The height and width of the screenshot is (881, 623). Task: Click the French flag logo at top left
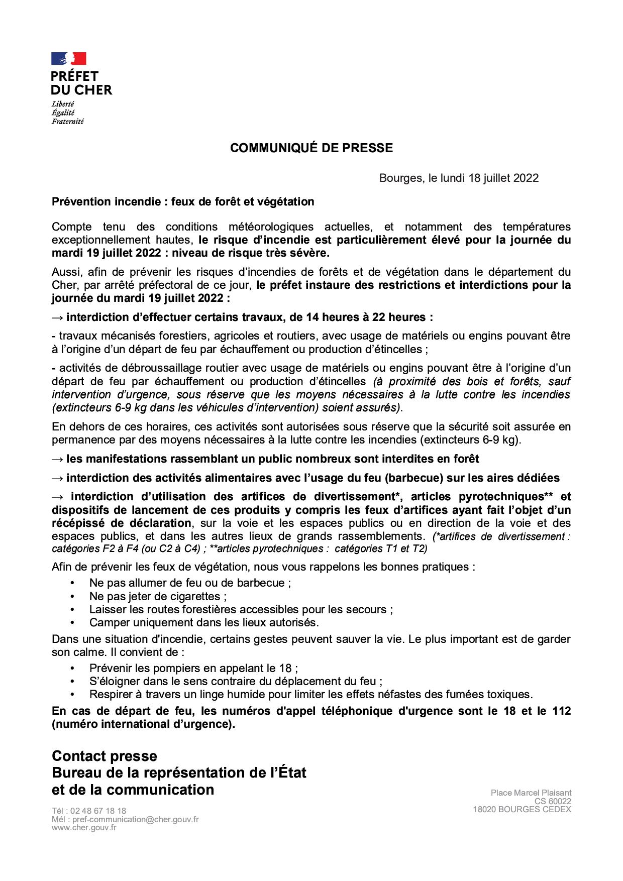pyautogui.click(x=69, y=58)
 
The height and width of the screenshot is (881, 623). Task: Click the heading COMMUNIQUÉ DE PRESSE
pyautogui.click(x=311, y=148)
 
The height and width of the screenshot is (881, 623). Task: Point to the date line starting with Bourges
pyautogui.click(x=459, y=178)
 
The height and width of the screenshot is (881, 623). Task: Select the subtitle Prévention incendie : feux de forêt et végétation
pyautogui.click(x=183, y=202)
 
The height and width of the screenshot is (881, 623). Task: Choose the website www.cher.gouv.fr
pyautogui.click(x=84, y=827)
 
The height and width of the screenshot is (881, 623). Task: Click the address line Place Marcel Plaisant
pyautogui.click(x=531, y=793)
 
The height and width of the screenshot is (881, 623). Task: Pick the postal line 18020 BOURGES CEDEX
pyautogui.click(x=522, y=810)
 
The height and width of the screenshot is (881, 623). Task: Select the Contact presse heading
pyautogui.click(x=105, y=756)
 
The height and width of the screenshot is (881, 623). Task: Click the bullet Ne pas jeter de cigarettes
pyautogui.click(x=158, y=597)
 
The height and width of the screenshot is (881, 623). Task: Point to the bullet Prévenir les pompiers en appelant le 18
pyautogui.click(x=193, y=669)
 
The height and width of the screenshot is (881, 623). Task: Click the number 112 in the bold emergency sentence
pyautogui.click(x=562, y=712)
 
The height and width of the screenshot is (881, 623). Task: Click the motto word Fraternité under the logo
pyautogui.click(x=67, y=121)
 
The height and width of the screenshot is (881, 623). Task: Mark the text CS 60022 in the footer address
pyautogui.click(x=553, y=802)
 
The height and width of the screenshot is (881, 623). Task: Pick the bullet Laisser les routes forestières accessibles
pyautogui.click(x=241, y=610)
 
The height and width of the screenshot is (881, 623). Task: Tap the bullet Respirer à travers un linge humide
pyautogui.click(x=310, y=695)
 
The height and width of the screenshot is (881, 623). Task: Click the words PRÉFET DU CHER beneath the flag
pyautogui.click(x=81, y=83)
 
